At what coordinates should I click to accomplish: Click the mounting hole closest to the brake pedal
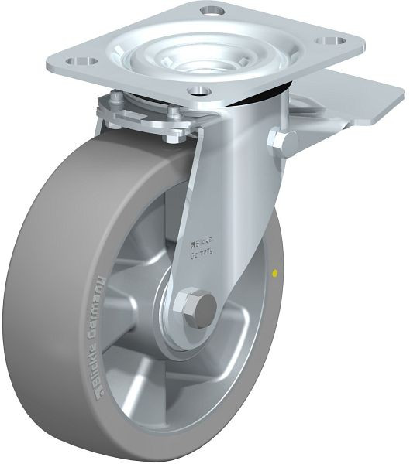coord(331,39)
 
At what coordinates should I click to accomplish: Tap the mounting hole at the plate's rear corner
coord(212,11)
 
